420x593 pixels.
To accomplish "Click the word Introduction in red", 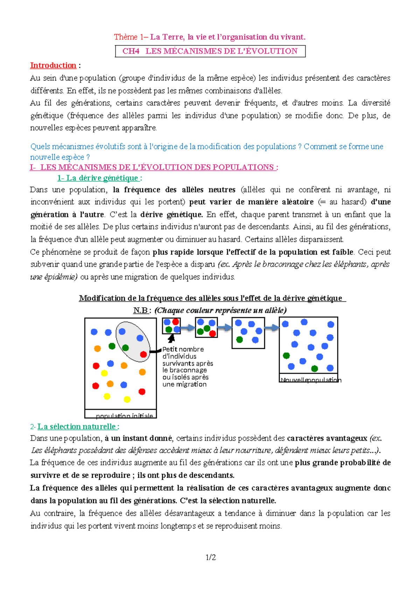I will [x=53, y=65].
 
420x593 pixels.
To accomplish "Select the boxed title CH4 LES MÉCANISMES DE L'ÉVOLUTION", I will [x=210, y=51].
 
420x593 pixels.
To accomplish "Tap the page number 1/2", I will [x=211, y=557].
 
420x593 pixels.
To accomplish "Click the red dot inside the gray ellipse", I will [x=143, y=354].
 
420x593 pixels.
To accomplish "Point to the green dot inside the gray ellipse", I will [x=126, y=348].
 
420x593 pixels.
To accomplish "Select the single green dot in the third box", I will [x=240, y=339].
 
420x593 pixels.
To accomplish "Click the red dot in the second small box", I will [x=212, y=334].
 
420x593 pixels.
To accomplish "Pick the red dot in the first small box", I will [x=175, y=322].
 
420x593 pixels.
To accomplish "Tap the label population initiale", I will [x=124, y=415].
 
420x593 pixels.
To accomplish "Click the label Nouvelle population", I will [x=310, y=380].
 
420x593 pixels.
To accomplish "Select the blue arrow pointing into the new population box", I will [x=271, y=328].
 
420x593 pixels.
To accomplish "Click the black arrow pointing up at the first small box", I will [x=171, y=338].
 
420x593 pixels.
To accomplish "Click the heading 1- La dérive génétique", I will [x=99, y=178].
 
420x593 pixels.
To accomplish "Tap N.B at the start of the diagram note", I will [x=141, y=310].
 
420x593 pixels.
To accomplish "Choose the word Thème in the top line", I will [x=125, y=37].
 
